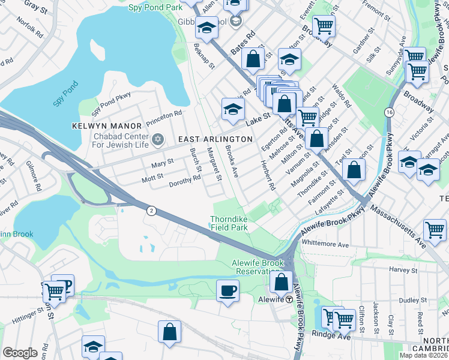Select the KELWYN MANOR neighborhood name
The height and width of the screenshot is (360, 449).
tap(106, 126)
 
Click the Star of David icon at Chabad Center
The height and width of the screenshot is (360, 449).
tap(158, 139)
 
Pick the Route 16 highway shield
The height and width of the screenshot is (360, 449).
tap(390, 112)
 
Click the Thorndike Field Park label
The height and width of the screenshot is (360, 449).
tap(229, 223)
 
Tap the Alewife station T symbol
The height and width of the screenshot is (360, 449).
tap(289, 299)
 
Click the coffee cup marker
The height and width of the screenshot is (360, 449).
tap(228, 290)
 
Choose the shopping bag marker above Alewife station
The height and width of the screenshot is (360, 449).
tap(281, 281)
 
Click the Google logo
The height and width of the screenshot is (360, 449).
tap(20, 353)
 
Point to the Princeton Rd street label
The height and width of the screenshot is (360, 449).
tap(161, 113)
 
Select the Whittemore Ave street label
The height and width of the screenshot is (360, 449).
tap(325, 244)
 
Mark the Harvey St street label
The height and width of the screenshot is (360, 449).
tap(398, 269)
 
